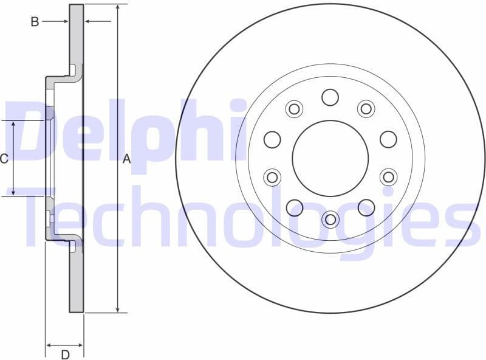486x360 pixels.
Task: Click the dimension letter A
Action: pyautogui.click(x=127, y=159)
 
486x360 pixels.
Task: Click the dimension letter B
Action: pyautogui.click(x=35, y=22)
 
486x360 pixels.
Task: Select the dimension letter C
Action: pyautogui.click(x=4, y=159)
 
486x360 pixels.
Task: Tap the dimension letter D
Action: pyautogui.click(x=65, y=354)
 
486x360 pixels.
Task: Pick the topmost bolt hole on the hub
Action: pyautogui.click(x=330, y=97)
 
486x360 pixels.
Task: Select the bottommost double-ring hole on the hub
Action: pyautogui.click(x=330, y=219)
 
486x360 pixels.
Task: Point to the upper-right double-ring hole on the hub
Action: pyautogui.click(x=366, y=109)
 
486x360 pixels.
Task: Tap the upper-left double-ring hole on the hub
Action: pyautogui.click(x=294, y=109)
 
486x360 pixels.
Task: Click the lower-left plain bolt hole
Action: pyautogui.click(x=294, y=207)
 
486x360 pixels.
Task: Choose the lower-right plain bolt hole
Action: pyautogui.click(x=366, y=207)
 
